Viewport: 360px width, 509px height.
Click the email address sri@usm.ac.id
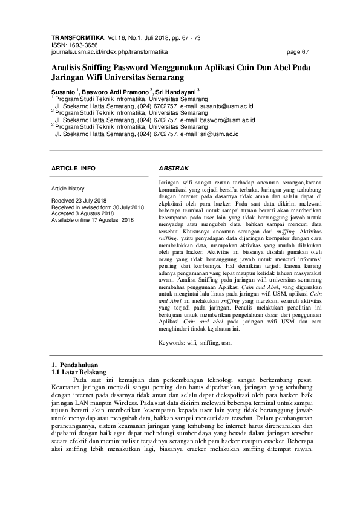[x=220, y=134]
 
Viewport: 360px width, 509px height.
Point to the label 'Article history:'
[x=69, y=189]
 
